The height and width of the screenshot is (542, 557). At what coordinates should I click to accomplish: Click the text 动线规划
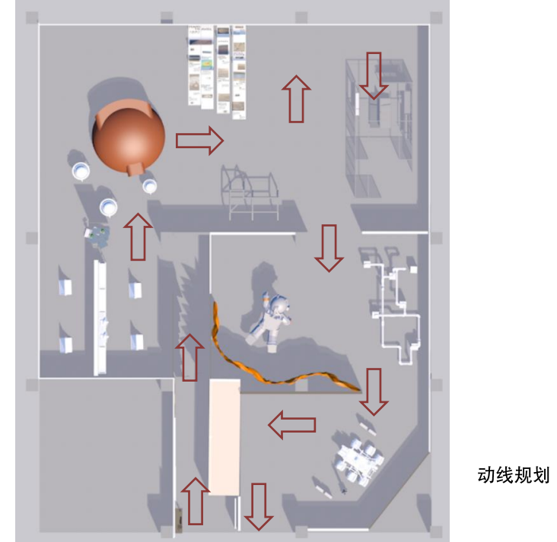[513, 476]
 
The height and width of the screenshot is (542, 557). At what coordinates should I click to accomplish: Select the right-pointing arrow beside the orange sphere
[199, 141]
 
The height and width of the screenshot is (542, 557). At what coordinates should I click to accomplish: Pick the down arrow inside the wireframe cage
[374, 75]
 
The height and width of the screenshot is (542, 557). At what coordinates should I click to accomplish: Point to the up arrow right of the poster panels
[296, 99]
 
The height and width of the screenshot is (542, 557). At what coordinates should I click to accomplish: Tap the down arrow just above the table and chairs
[374, 391]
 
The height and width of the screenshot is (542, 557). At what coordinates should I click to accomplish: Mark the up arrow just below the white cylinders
[138, 236]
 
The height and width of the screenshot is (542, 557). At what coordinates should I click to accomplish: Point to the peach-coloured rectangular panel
[224, 437]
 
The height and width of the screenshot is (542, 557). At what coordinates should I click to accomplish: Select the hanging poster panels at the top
[218, 68]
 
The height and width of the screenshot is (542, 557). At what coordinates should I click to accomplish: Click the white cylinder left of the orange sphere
[81, 170]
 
